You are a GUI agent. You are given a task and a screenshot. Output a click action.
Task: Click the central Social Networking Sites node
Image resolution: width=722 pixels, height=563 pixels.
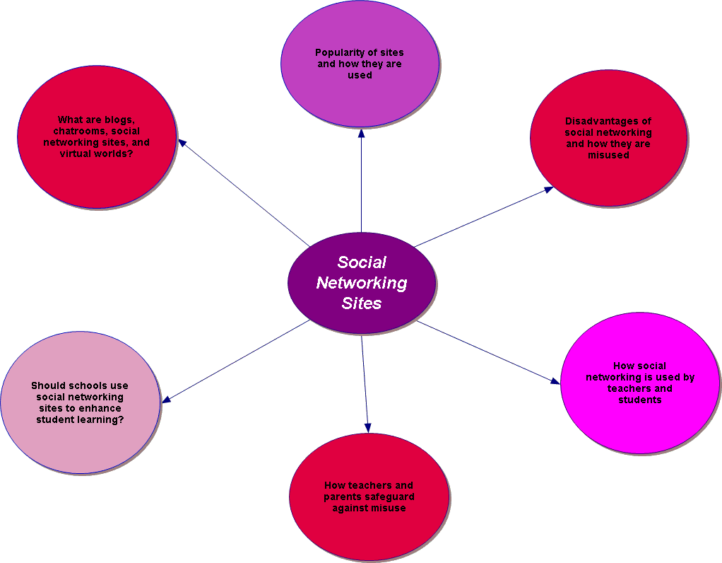[361, 283]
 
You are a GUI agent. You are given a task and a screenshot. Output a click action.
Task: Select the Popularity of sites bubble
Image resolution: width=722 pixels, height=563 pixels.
[360, 64]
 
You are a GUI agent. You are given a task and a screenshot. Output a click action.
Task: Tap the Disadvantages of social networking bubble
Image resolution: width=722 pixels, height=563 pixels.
[608, 138]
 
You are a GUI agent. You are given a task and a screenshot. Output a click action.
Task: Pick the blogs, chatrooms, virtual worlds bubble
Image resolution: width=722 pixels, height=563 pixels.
[96, 137]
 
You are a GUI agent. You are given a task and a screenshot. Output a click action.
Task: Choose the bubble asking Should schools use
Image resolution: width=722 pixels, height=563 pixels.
[80, 402]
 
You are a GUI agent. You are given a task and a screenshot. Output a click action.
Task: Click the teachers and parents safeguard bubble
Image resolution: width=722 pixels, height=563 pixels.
[369, 497]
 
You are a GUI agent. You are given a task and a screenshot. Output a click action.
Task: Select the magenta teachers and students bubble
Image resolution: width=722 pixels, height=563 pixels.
[639, 383]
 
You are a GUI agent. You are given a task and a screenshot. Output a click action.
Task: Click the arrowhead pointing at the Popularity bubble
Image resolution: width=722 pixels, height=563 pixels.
[361, 134]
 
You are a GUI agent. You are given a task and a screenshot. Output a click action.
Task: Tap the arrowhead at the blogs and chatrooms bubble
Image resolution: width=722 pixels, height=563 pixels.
[182, 142]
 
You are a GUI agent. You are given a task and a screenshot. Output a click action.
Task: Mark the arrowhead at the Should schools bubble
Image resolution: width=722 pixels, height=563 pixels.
[167, 400]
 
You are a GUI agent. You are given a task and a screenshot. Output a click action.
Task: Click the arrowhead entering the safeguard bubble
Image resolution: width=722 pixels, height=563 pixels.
[367, 427]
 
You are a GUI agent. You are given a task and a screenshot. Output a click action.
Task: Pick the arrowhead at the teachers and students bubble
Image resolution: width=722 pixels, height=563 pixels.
[555, 381]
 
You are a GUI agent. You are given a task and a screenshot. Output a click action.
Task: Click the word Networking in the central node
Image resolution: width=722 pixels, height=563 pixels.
[362, 283]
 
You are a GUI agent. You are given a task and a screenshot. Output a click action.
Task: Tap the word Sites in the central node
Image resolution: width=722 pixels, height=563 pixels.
[362, 303]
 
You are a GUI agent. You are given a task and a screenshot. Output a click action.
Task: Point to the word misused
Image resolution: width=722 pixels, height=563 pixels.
[608, 155]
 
